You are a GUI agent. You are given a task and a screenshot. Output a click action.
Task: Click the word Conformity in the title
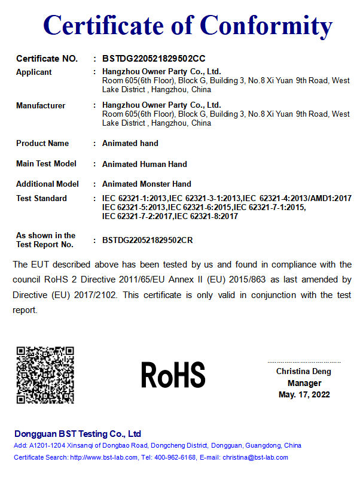[x=266, y=26]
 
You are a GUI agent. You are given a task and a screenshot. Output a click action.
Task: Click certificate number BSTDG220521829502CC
[x=154, y=59]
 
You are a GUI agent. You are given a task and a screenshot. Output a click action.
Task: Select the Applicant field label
[x=34, y=72]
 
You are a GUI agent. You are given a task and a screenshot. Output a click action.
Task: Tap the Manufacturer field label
[x=41, y=105]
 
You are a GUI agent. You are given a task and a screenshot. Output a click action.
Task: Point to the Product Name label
[x=42, y=143]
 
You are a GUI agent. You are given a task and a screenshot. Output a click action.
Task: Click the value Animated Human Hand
[x=145, y=164]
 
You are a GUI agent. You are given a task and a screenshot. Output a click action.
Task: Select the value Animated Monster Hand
[x=147, y=184]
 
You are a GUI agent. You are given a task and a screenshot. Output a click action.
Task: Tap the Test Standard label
[x=42, y=198]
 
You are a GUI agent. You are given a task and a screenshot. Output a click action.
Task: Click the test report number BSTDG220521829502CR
[x=148, y=240]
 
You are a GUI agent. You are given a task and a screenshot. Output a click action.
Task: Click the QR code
[x=45, y=375]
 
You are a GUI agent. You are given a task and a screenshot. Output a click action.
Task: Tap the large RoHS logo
[x=173, y=375]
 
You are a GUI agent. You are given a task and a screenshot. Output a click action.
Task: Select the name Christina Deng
[x=304, y=372]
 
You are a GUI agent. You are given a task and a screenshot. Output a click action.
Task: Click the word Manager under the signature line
[x=304, y=383]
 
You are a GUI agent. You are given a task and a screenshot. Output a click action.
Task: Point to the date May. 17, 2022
[x=304, y=394]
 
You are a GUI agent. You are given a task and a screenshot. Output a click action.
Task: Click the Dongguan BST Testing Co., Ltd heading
[x=78, y=434]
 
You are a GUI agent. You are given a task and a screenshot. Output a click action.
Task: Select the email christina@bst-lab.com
[x=255, y=457]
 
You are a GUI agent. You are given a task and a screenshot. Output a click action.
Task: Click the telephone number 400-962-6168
[x=175, y=457]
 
